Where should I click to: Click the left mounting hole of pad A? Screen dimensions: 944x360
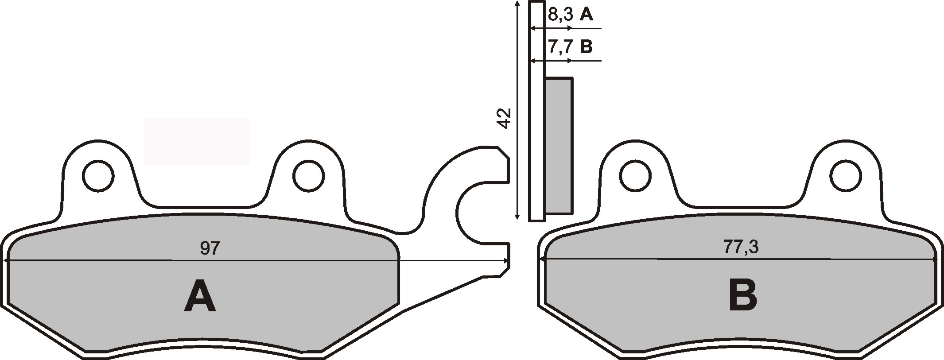click(98, 176)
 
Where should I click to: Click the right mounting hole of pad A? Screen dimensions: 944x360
click(308, 176)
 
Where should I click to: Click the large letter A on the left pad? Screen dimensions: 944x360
click(200, 296)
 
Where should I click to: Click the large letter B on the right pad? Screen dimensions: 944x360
click(742, 296)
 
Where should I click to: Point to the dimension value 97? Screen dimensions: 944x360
click(210, 248)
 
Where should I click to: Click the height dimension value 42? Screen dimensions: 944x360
click(505, 118)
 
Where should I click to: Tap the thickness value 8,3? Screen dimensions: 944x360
click(561, 15)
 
